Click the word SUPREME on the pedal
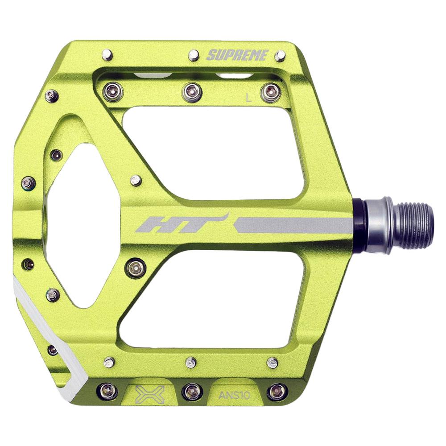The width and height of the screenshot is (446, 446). tap(237, 55)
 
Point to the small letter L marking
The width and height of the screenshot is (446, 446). tap(249, 99)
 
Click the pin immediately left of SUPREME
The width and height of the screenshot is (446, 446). tap(194, 55)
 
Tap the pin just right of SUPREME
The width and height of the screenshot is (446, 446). tap(280, 56)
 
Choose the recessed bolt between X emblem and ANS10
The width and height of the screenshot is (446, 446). tap(192, 391)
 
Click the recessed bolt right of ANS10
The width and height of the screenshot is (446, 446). tap(277, 392)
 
